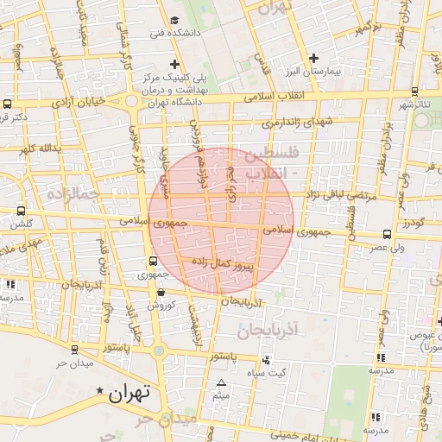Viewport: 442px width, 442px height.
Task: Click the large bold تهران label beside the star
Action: coord(129,392)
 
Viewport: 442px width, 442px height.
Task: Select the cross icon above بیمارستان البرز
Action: coord(313,57)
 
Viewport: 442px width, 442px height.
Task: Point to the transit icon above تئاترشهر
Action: coord(415,91)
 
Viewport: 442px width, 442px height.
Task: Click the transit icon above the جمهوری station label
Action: coord(153,261)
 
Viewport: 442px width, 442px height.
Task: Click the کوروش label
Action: coord(161,305)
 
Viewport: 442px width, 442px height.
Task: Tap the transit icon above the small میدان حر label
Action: coord(73,350)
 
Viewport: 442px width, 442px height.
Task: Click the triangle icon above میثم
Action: coord(221,382)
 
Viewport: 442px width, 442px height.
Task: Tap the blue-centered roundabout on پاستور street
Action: coord(160,351)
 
